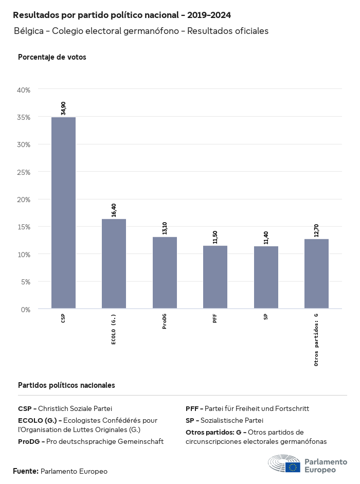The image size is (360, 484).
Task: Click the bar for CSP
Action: click(x=63, y=213)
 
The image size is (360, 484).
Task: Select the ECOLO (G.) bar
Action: click(x=114, y=264)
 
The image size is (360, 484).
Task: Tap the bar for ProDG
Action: click(x=165, y=273)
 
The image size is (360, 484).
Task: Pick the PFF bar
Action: click(x=215, y=277)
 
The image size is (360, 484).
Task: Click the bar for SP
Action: click(x=266, y=277)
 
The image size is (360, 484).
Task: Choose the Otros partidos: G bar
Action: click(x=316, y=274)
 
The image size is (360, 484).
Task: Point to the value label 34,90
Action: click(x=63, y=108)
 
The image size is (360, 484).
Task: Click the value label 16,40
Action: click(x=114, y=210)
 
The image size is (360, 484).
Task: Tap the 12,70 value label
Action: click(x=316, y=230)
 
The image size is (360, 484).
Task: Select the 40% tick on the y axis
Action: click(x=24, y=89)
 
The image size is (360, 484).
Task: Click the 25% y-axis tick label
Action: click(x=24, y=172)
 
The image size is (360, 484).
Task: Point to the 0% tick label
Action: click(x=26, y=309)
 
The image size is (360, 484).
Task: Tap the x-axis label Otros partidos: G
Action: click(x=316, y=339)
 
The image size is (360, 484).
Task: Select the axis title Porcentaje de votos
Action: click(x=52, y=57)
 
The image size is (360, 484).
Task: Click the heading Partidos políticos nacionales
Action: click(x=66, y=385)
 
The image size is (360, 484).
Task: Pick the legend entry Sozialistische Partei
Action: click(x=224, y=420)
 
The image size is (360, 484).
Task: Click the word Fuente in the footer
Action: click(x=25, y=471)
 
